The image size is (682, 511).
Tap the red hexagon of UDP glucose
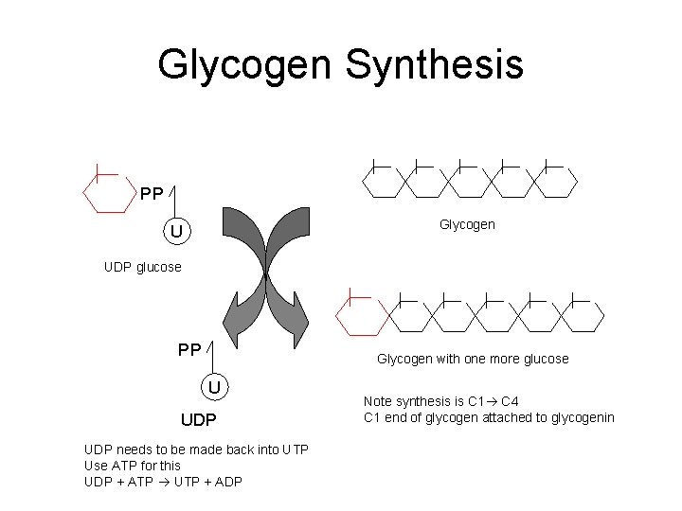(109, 194)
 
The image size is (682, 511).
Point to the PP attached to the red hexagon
(152, 194)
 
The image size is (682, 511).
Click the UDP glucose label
(142, 267)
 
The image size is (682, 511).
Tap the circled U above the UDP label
(215, 386)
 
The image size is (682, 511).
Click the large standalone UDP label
(199, 418)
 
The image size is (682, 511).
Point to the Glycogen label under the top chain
(466, 225)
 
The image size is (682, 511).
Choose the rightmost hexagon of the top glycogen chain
(555, 180)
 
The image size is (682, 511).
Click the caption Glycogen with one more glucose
(473, 359)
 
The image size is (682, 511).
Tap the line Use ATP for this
(132, 465)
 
